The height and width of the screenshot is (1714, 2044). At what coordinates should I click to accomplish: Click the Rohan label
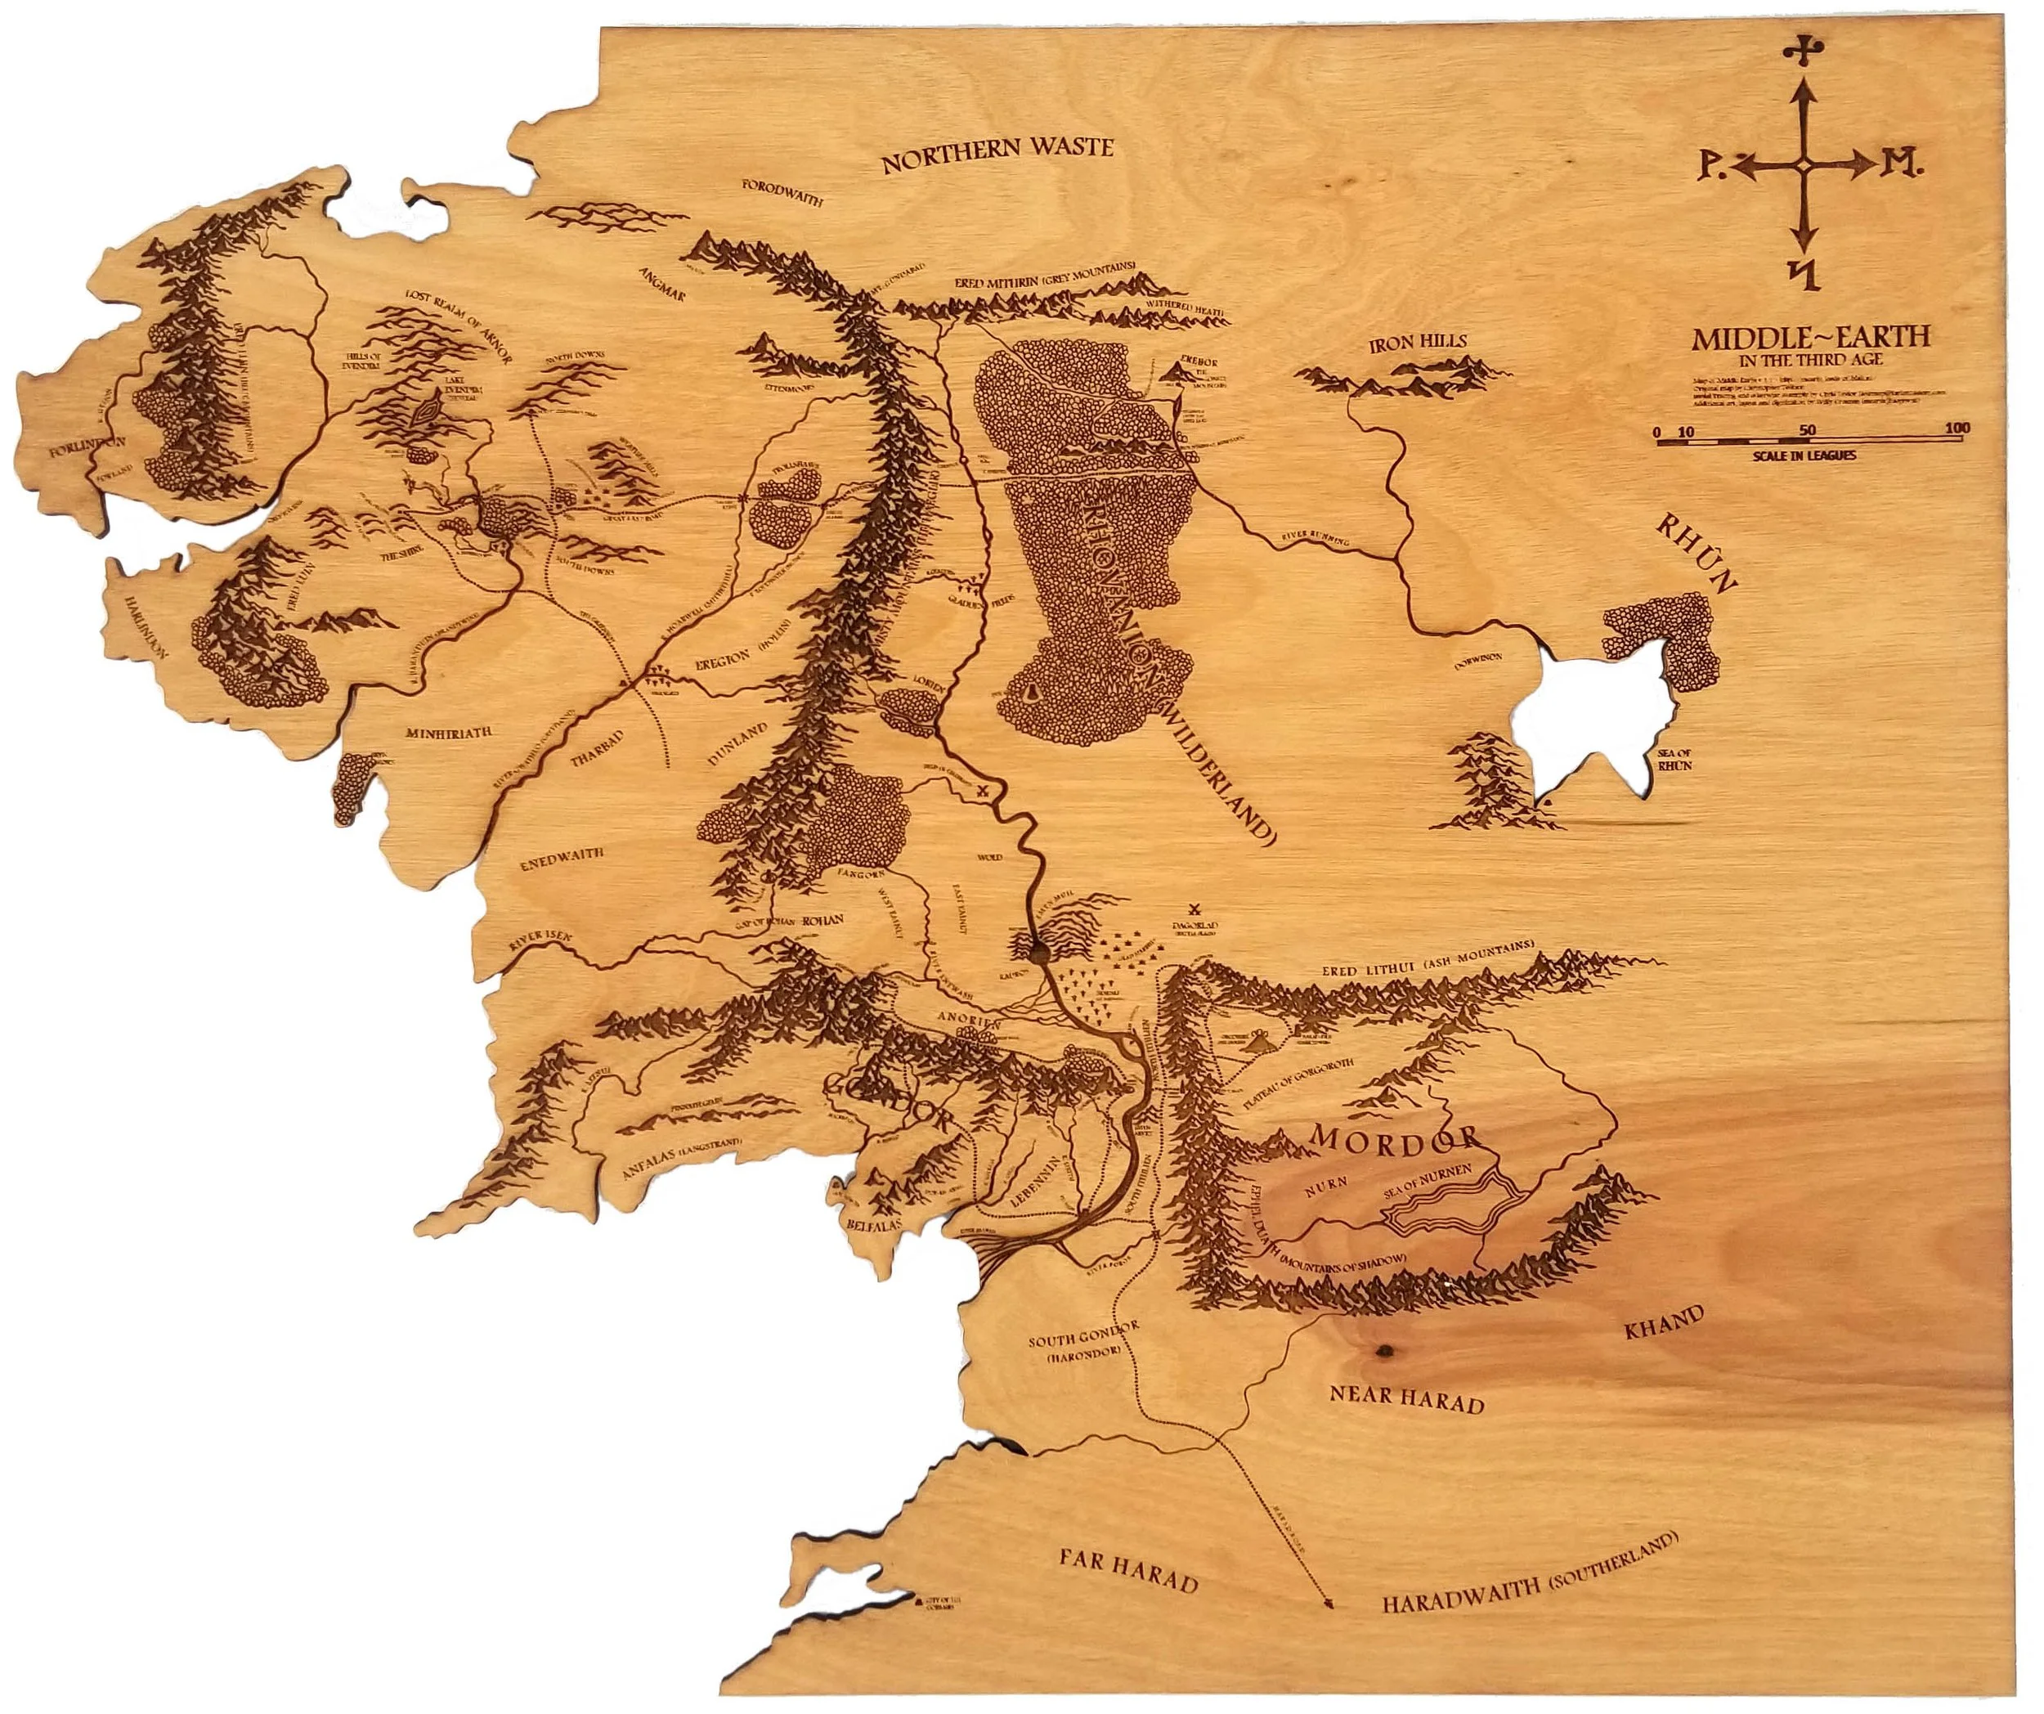click(x=822, y=920)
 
